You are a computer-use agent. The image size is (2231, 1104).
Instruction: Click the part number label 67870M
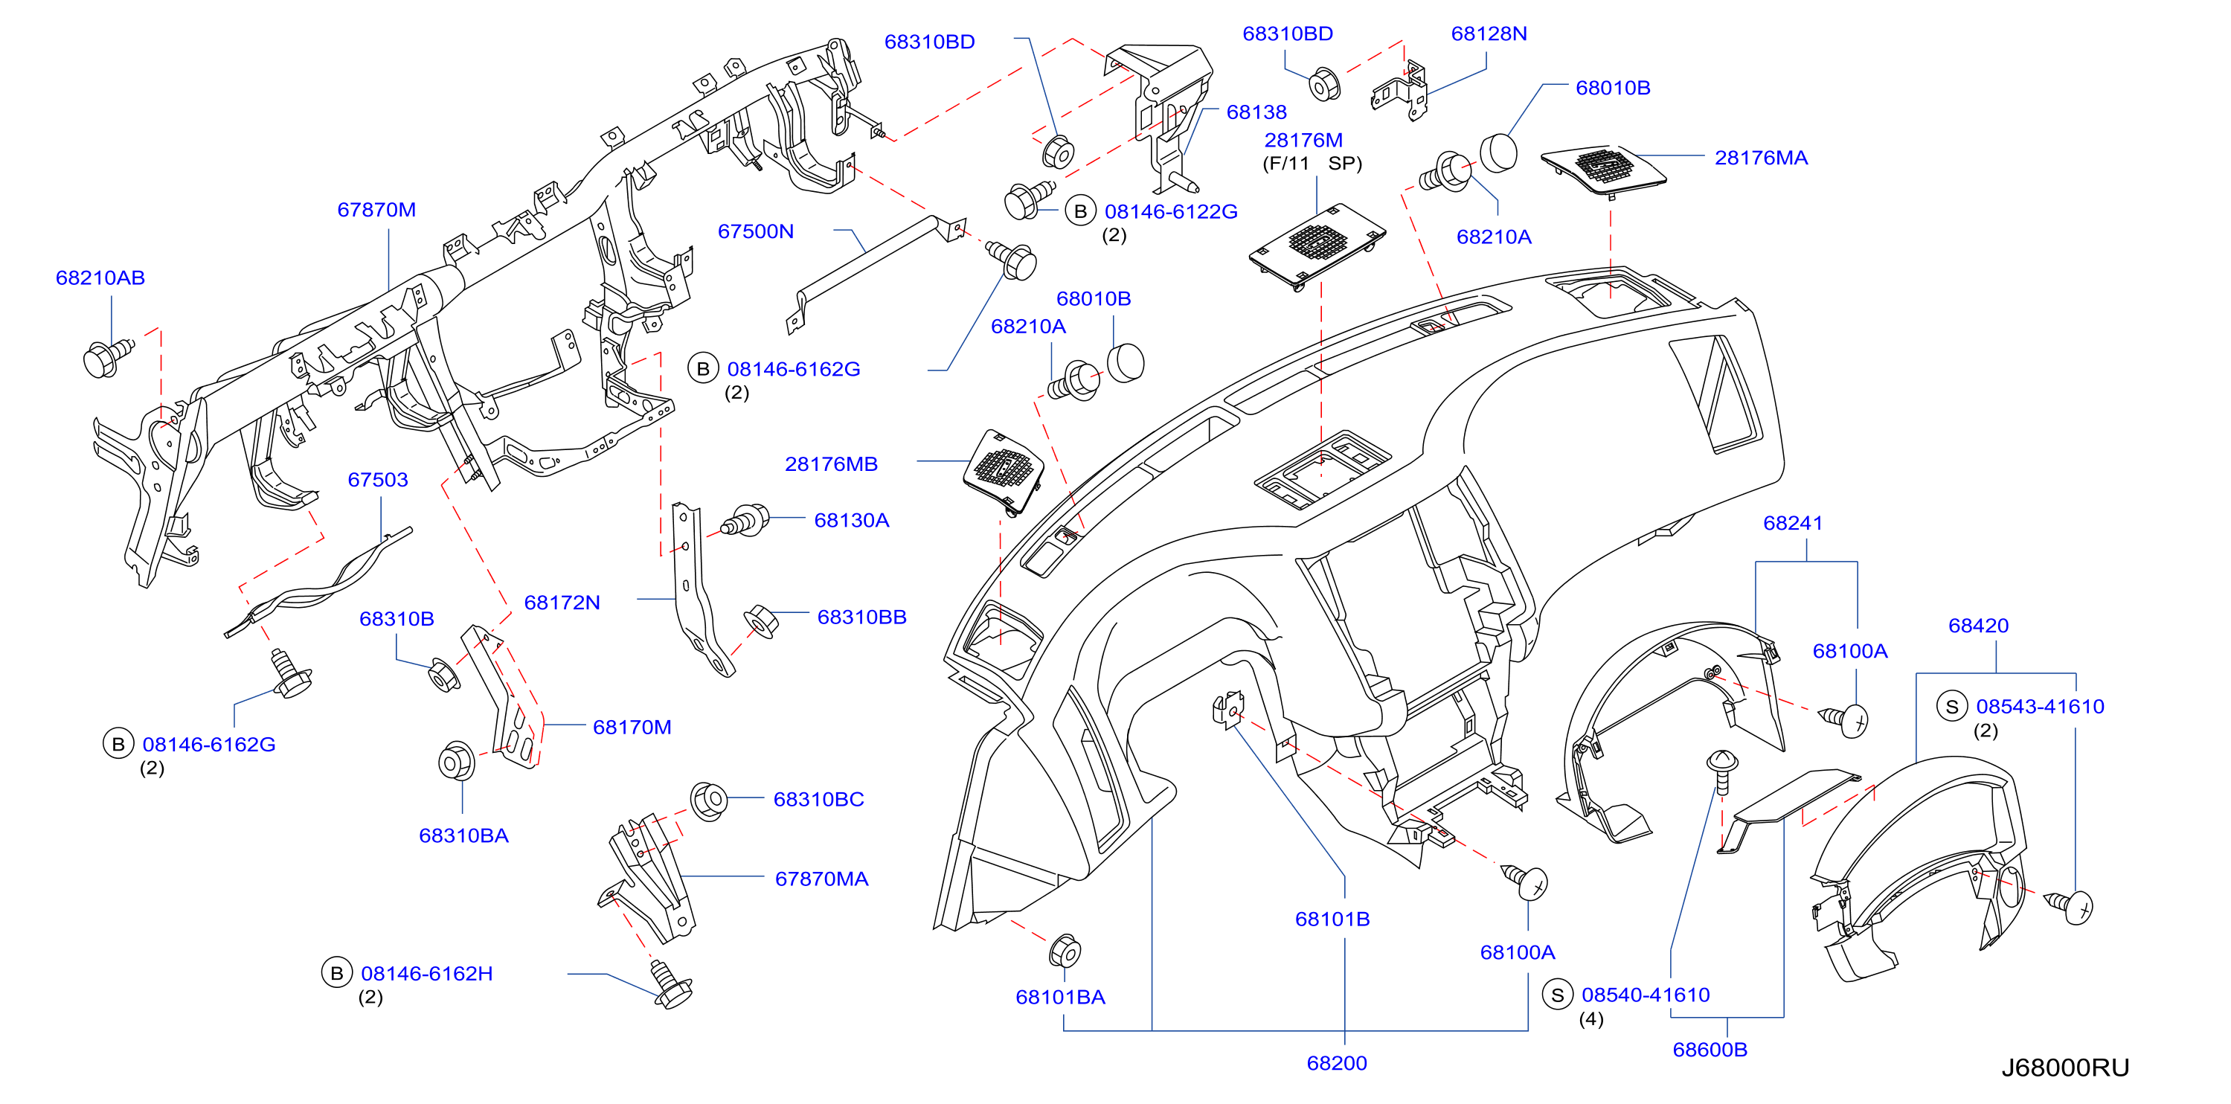tap(376, 210)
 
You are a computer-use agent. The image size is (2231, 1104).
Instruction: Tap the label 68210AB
tap(100, 278)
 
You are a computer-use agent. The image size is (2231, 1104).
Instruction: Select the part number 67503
tap(378, 480)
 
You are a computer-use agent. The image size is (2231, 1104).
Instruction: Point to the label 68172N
tap(562, 603)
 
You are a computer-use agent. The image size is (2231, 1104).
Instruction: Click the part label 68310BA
tap(463, 835)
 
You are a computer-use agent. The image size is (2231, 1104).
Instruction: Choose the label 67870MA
tap(821, 879)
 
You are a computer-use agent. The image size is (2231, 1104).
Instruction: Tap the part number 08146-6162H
tap(427, 973)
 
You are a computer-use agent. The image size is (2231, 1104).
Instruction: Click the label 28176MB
tap(832, 464)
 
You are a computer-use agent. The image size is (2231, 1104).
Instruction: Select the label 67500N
tap(755, 231)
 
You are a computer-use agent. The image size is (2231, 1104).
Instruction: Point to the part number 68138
tap(1256, 112)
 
